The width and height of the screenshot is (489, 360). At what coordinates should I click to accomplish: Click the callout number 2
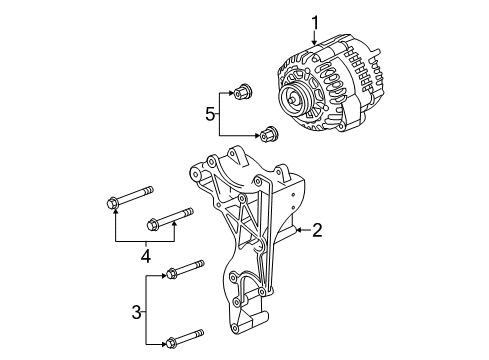coord(316,231)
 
